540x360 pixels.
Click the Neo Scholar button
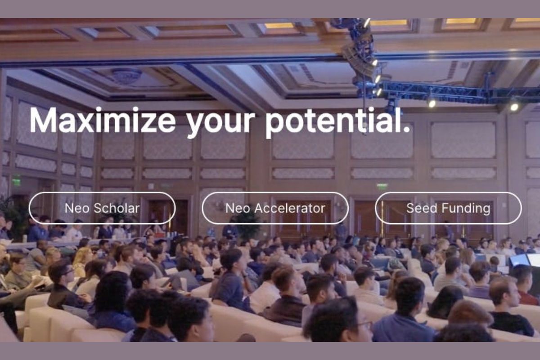pos(102,208)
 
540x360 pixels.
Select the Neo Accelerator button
pos(275,208)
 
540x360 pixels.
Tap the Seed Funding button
pos(448,208)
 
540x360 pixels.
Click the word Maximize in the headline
pos(103,121)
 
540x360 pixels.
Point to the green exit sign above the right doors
pos(382,186)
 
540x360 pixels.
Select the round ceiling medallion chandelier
pos(126,75)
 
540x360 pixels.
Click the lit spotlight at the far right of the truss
pos(514,106)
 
